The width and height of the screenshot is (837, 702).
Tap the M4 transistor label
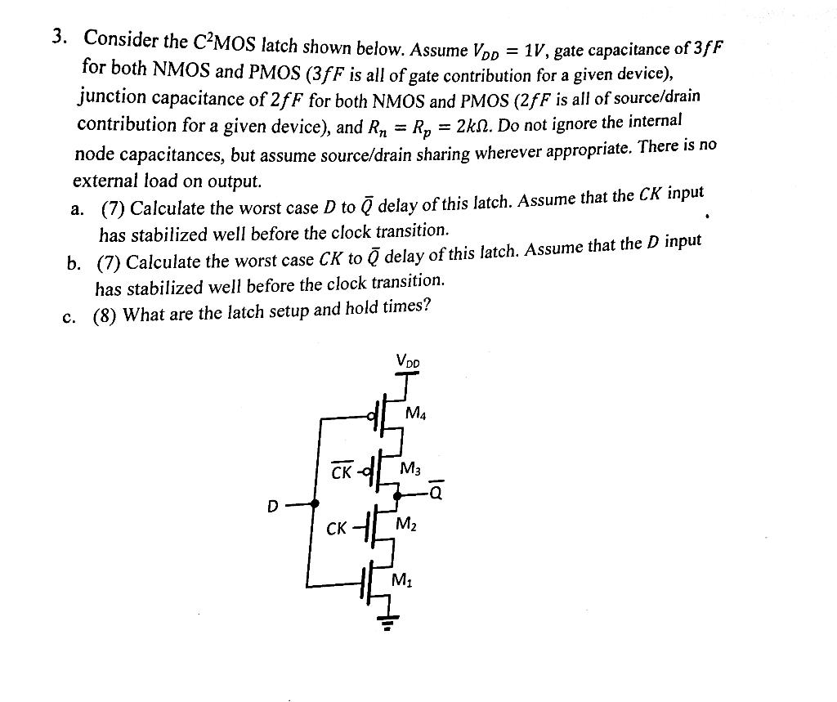416,414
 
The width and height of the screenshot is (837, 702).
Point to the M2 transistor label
407,524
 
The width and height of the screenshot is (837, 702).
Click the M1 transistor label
401,581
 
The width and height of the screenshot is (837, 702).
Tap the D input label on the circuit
272,507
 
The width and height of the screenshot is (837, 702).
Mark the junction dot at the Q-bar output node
397,495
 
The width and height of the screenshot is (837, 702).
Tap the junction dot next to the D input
315,504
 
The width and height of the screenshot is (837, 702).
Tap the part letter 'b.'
74,263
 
